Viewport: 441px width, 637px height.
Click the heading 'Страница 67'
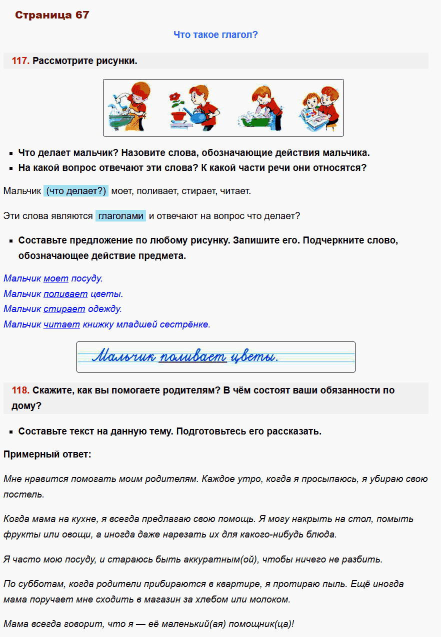52,15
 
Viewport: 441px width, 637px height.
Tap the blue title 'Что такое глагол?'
215,34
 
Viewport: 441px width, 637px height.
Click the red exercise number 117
20,61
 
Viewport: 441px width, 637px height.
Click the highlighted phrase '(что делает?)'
76,190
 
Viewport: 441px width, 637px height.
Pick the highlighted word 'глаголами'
120,216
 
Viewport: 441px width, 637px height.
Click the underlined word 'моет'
56,278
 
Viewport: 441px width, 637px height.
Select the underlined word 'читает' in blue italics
61,324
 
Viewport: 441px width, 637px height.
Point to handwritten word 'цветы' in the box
256,356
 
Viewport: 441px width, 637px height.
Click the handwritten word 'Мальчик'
123,356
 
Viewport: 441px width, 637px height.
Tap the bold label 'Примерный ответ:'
47,454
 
